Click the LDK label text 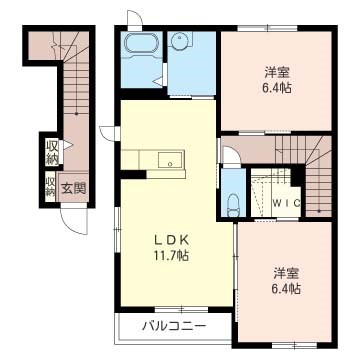(x=170, y=239)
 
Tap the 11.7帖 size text (x=171, y=255)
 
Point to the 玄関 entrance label (x=72, y=187)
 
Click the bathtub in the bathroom (x=139, y=43)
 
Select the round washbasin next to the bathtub (x=181, y=42)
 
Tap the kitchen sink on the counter (x=168, y=159)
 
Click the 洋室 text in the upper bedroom (x=276, y=72)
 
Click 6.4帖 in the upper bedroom (x=277, y=88)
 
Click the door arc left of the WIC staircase (x=229, y=156)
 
